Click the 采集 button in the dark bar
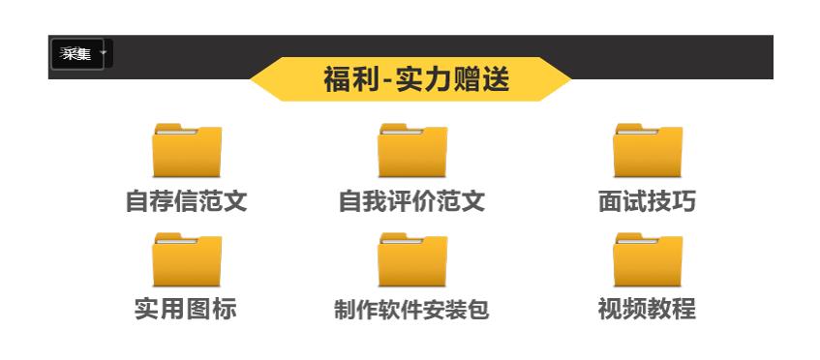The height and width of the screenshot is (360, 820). tap(76, 54)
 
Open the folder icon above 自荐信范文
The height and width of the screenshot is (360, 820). tap(187, 151)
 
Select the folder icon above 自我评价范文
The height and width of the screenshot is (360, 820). tap(412, 151)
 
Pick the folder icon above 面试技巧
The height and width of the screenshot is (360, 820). tap(648, 151)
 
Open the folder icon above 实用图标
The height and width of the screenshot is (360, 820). tap(187, 260)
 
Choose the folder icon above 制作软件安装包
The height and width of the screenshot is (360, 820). tap(412, 260)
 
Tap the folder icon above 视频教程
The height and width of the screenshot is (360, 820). tap(648, 260)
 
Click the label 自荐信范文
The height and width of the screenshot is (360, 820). tap(187, 201)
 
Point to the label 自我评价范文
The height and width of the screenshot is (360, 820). tap(411, 201)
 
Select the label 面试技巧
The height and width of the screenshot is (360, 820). tap(647, 201)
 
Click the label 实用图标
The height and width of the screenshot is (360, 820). tap(186, 310)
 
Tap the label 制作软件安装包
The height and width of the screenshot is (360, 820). tap(411, 311)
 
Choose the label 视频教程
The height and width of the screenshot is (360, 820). tap(647, 310)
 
